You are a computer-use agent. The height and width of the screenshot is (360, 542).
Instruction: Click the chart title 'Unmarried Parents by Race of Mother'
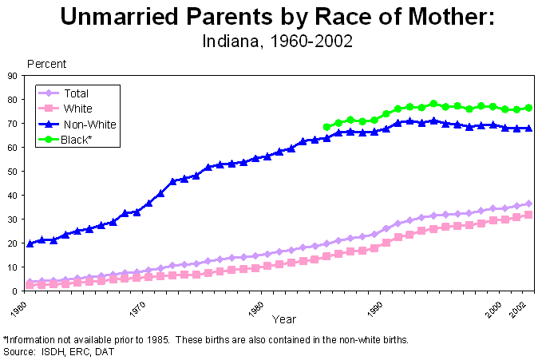[x=271, y=18]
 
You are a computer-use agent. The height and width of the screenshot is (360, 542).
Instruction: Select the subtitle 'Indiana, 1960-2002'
[x=271, y=40]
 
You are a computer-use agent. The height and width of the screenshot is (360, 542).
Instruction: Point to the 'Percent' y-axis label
[x=46, y=63]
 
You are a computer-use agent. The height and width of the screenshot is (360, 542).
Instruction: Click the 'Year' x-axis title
[x=283, y=319]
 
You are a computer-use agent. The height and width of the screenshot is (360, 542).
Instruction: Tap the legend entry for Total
[x=76, y=93]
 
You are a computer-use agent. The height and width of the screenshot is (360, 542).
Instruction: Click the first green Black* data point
[x=326, y=127]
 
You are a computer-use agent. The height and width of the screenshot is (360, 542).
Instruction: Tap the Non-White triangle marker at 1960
[x=30, y=243]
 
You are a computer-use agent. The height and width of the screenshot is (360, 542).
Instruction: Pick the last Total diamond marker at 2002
[x=528, y=204]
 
